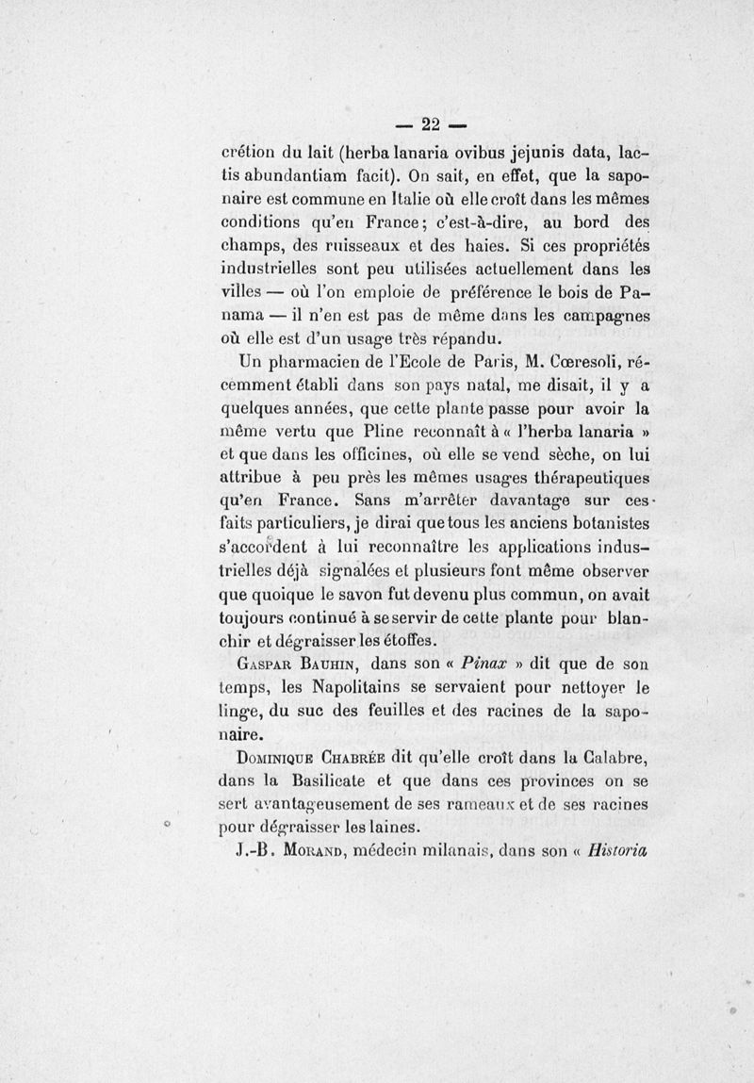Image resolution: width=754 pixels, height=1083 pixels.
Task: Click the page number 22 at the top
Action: coord(432,123)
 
